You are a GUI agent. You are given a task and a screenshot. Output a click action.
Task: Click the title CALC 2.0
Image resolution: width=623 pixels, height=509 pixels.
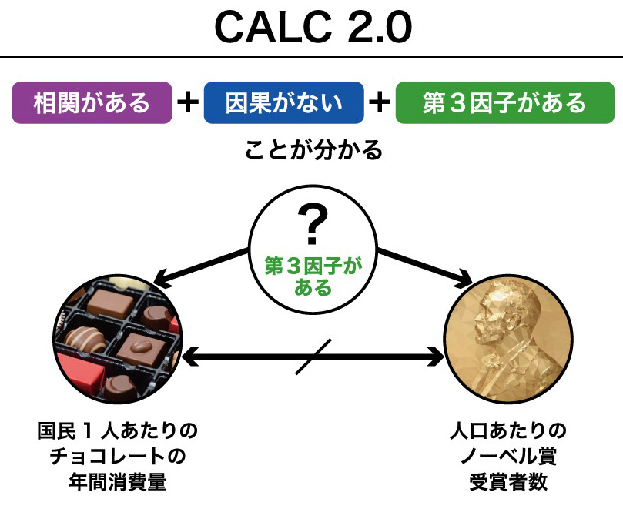[x=313, y=27]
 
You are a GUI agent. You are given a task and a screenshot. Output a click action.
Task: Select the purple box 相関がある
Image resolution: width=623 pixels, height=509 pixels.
[x=92, y=102]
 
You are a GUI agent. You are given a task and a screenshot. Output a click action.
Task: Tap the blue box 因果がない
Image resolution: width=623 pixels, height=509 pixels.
[x=283, y=102]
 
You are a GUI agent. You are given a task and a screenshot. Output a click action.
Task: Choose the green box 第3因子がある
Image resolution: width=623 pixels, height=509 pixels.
[x=505, y=102]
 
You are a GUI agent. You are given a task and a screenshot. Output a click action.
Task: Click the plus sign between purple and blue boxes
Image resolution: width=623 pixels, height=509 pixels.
[x=188, y=102]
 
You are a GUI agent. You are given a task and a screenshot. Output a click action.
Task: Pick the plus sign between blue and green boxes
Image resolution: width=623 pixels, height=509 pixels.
[x=380, y=102]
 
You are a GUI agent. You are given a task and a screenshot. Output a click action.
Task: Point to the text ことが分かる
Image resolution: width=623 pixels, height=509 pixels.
[x=313, y=150]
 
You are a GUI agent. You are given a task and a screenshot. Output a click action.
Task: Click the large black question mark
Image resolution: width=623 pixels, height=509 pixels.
[x=313, y=224]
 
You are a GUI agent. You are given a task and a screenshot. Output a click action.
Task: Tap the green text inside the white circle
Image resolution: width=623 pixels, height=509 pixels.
[x=313, y=276]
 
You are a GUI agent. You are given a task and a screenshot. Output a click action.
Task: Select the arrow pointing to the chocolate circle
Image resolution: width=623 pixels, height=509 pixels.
[x=201, y=266]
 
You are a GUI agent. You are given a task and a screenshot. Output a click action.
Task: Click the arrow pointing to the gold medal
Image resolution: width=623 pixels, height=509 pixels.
[x=425, y=266]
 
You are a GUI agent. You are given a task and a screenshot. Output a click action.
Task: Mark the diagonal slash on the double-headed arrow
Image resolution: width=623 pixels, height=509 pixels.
[x=313, y=357]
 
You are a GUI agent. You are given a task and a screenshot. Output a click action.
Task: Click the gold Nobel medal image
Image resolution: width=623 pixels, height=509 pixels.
[x=508, y=339]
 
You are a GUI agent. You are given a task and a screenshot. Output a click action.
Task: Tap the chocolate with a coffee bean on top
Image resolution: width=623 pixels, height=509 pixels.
[x=141, y=348]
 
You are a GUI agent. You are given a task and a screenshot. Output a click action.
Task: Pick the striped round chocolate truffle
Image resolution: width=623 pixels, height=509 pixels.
[x=84, y=339]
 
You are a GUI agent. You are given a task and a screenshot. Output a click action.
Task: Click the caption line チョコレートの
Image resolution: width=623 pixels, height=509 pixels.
[x=118, y=456]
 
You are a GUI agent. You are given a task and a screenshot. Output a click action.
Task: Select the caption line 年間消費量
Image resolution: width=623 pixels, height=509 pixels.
[x=118, y=481]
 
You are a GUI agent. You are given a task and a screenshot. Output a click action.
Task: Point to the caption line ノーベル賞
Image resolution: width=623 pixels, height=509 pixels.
[x=508, y=456]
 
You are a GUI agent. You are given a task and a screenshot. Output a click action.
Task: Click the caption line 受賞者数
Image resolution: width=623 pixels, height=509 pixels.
[x=508, y=481]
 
